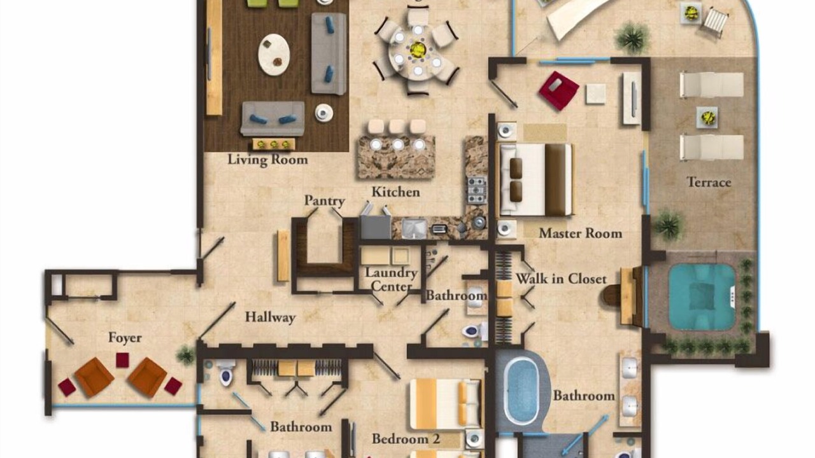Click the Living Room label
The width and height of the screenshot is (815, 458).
268,160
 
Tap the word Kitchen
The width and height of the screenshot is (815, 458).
395,192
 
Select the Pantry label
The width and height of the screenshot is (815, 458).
325,200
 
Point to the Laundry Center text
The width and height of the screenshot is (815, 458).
391,279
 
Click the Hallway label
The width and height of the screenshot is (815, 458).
271,317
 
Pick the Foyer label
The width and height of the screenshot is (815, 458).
125,338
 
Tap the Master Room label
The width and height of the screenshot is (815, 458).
580,233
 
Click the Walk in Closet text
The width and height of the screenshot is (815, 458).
561,279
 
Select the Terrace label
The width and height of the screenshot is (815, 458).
709,182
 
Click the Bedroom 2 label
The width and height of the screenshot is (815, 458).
406,439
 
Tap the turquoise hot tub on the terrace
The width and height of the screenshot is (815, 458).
702,297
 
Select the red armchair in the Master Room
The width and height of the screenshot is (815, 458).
558,91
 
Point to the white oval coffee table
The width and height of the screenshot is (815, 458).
274,55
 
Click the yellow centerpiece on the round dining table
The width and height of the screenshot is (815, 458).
418,49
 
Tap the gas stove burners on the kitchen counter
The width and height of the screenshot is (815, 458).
476,190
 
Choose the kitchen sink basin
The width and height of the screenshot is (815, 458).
414,229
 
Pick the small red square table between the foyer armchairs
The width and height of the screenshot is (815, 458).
123,360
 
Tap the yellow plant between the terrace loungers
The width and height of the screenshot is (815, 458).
707,117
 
